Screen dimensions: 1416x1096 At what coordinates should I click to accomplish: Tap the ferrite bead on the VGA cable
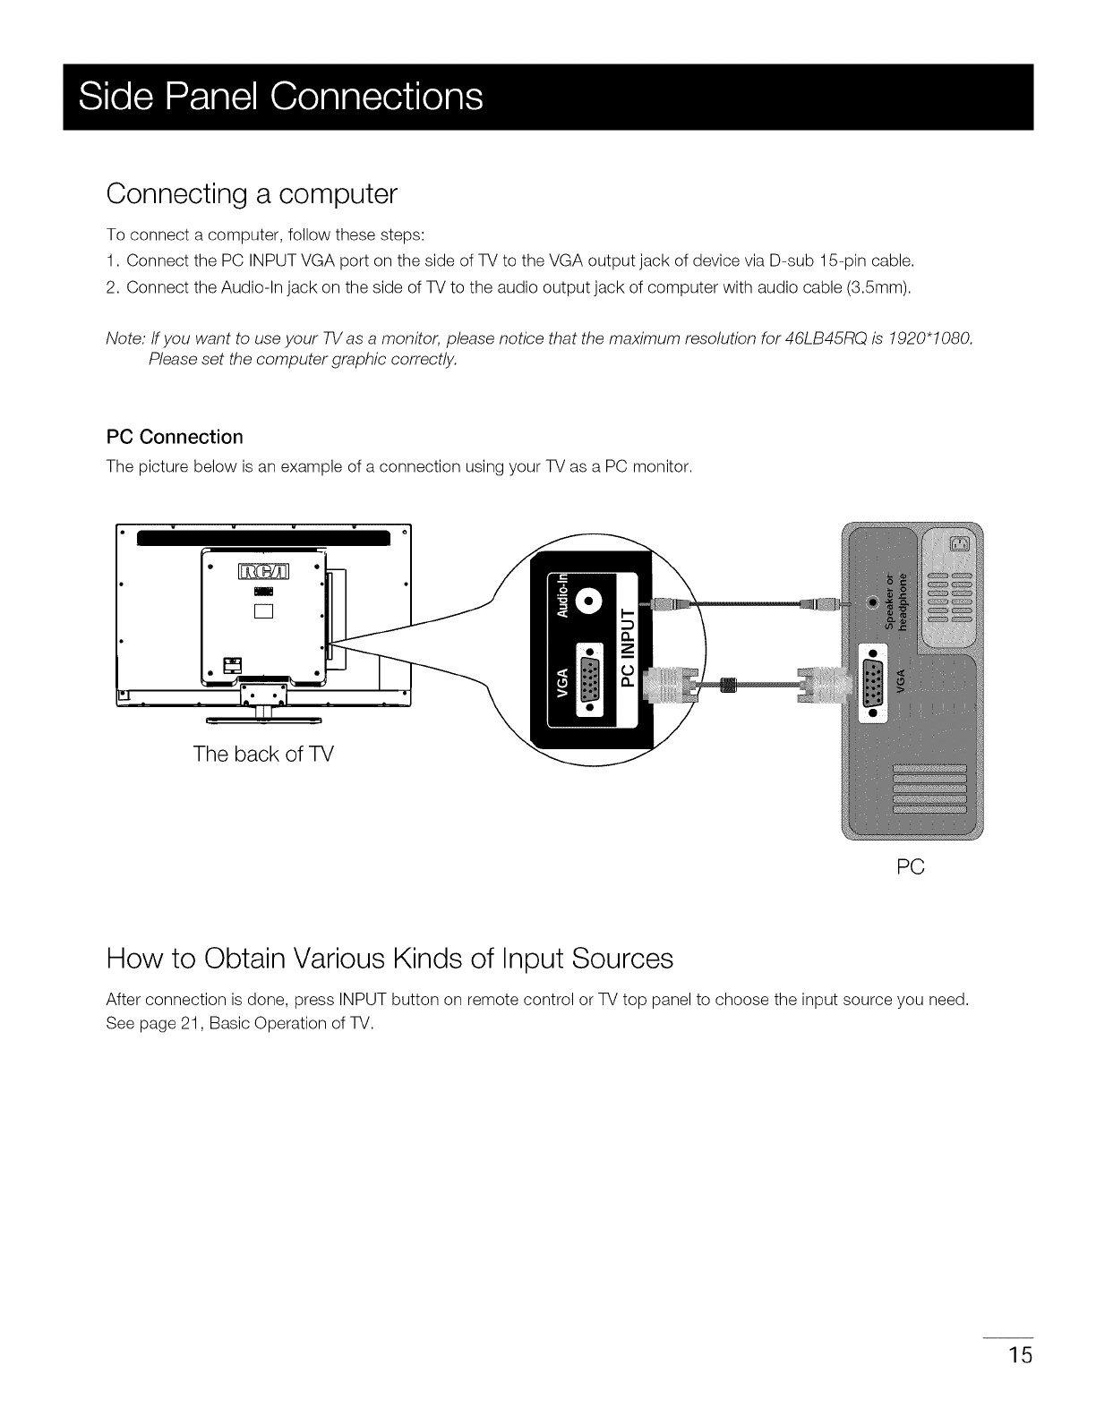click(727, 687)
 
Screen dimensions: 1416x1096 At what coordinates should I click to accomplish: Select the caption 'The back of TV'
click(262, 754)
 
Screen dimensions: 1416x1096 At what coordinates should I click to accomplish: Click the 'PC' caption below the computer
click(910, 866)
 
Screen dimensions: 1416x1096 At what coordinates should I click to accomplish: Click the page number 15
click(1019, 1355)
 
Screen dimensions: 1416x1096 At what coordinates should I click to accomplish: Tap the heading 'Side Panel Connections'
click(280, 97)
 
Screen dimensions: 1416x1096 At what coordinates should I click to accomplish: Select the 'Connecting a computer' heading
click(251, 193)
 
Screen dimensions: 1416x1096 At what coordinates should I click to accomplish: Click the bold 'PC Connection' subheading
click(175, 437)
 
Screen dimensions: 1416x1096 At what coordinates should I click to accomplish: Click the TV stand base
click(264, 718)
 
